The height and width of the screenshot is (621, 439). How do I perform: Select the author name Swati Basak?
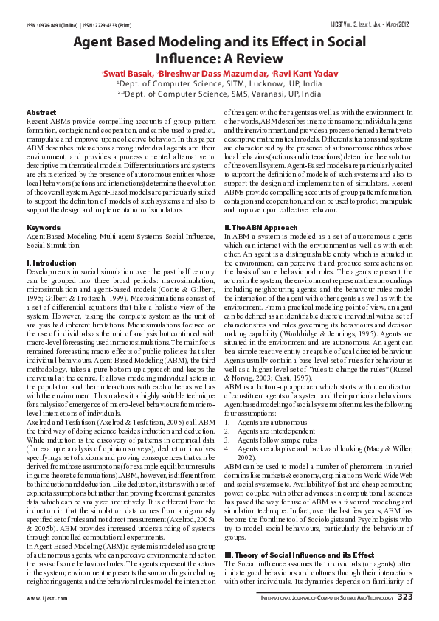coord(127,74)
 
